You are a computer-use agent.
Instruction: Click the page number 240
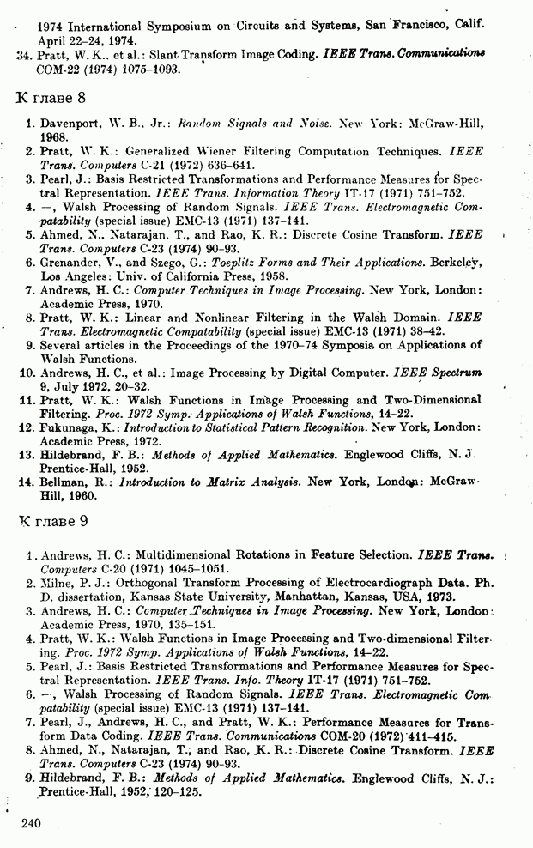click(30, 823)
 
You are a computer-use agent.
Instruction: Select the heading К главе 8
click(51, 95)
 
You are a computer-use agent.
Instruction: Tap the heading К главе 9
click(52, 519)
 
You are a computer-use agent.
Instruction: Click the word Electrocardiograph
click(372, 583)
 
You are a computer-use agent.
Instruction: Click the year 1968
click(54, 136)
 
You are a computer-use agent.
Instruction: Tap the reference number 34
click(24, 54)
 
